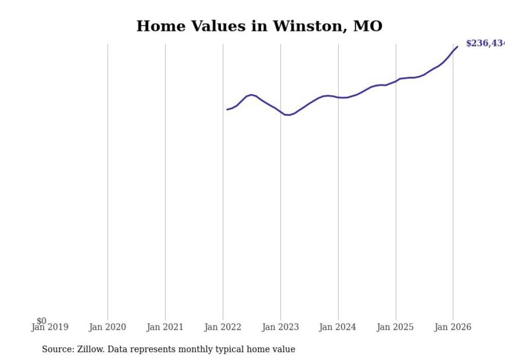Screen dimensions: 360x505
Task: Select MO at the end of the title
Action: point(368,26)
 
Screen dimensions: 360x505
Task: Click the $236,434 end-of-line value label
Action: point(485,44)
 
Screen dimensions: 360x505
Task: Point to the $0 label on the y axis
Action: point(41,321)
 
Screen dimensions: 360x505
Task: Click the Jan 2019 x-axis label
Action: point(49,327)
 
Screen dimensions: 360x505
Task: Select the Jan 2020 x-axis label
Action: point(107,327)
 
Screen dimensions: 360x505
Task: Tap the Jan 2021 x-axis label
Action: point(165,327)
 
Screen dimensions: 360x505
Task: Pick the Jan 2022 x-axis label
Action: point(223,327)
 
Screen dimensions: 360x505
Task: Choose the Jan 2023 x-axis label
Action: point(280,327)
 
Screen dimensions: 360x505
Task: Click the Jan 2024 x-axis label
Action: point(338,327)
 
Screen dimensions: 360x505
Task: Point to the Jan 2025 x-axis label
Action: point(395,327)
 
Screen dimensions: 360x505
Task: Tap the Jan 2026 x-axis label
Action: point(452,327)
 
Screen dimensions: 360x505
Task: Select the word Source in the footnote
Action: point(58,349)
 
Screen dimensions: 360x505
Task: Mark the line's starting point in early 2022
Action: point(227,109)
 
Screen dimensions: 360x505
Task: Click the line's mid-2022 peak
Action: point(251,95)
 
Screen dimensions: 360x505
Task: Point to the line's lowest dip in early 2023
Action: point(288,115)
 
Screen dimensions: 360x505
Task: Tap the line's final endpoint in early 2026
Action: point(457,47)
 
